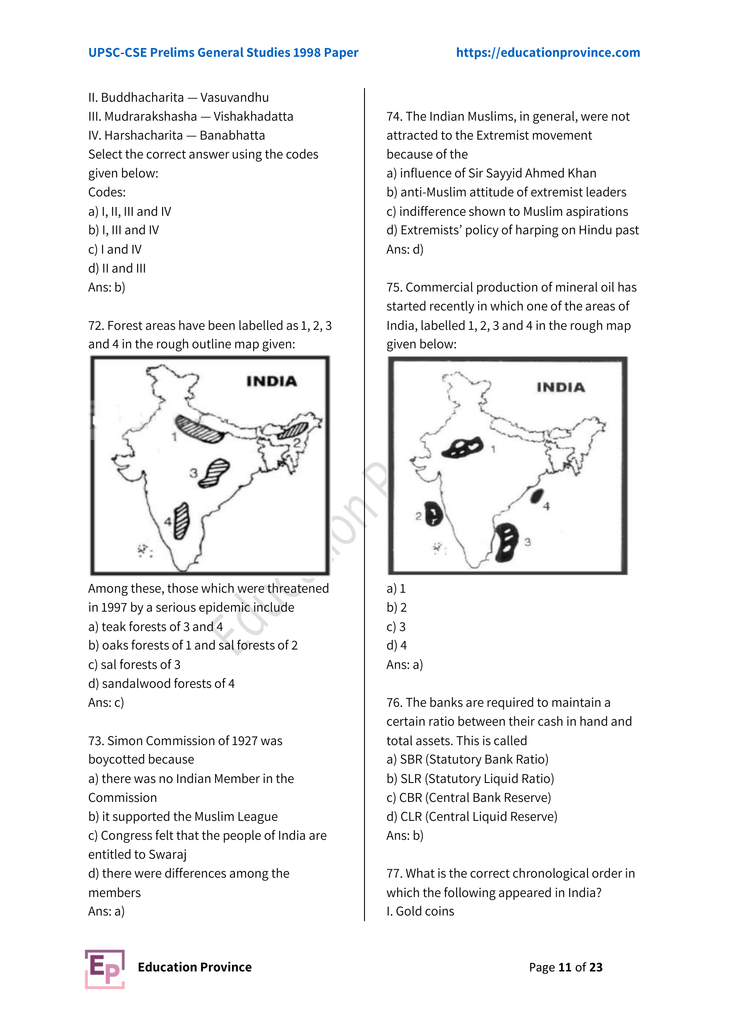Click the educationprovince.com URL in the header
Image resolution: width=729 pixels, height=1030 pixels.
pos(548,52)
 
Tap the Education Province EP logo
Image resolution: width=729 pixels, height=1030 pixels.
pos(104,969)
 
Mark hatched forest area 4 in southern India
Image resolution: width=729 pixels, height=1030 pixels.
pos(181,521)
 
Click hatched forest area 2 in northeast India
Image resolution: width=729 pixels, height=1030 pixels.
pos(293,430)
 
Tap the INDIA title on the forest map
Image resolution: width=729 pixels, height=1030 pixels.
pos(272,381)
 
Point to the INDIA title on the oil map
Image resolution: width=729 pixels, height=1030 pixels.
pos(561,387)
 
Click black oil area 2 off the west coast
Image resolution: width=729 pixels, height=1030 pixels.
pos(434,513)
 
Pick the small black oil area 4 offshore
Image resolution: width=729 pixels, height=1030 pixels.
pos(537,496)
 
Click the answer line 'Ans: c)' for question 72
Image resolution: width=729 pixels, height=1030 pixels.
pos(106,702)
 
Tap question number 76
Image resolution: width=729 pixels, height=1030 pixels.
pos(394,702)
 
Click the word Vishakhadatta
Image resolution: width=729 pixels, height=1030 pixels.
pos(253,117)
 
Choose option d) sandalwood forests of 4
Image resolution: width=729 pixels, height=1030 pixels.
pos(161,684)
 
